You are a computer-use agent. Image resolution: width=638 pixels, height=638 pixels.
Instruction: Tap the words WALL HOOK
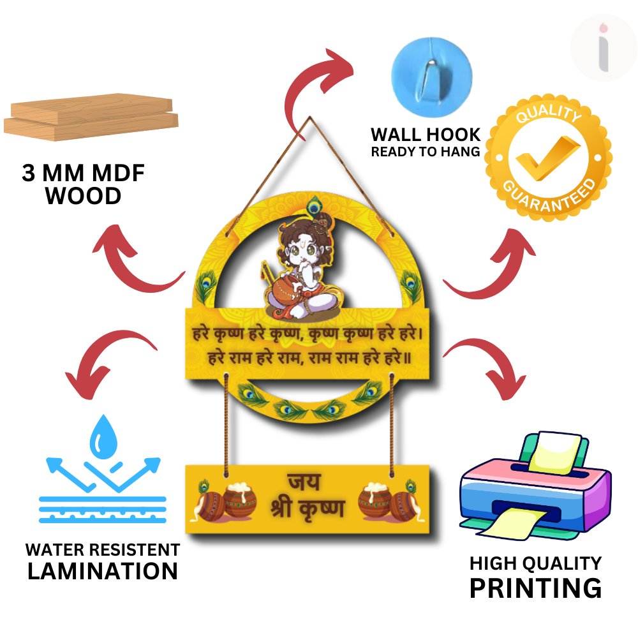pos(426,135)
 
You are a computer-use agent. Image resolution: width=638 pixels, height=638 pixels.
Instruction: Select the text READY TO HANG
pos(426,152)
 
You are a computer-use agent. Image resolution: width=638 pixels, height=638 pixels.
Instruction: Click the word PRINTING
pos(535,588)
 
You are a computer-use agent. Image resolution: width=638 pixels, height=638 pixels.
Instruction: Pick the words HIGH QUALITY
pos(535,563)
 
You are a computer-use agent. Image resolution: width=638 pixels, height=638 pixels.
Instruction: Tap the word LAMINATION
pos(102,571)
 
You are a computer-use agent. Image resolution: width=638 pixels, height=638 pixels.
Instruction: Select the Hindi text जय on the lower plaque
pos(304,482)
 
